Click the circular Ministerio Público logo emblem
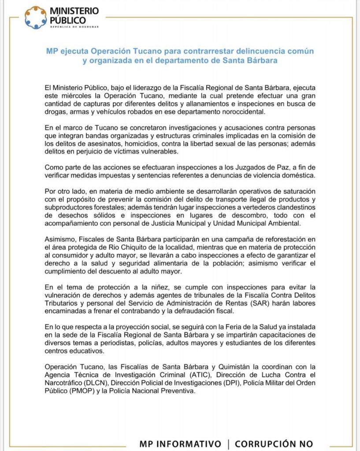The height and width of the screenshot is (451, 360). (36, 17)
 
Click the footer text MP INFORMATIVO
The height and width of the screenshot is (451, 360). (180, 444)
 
